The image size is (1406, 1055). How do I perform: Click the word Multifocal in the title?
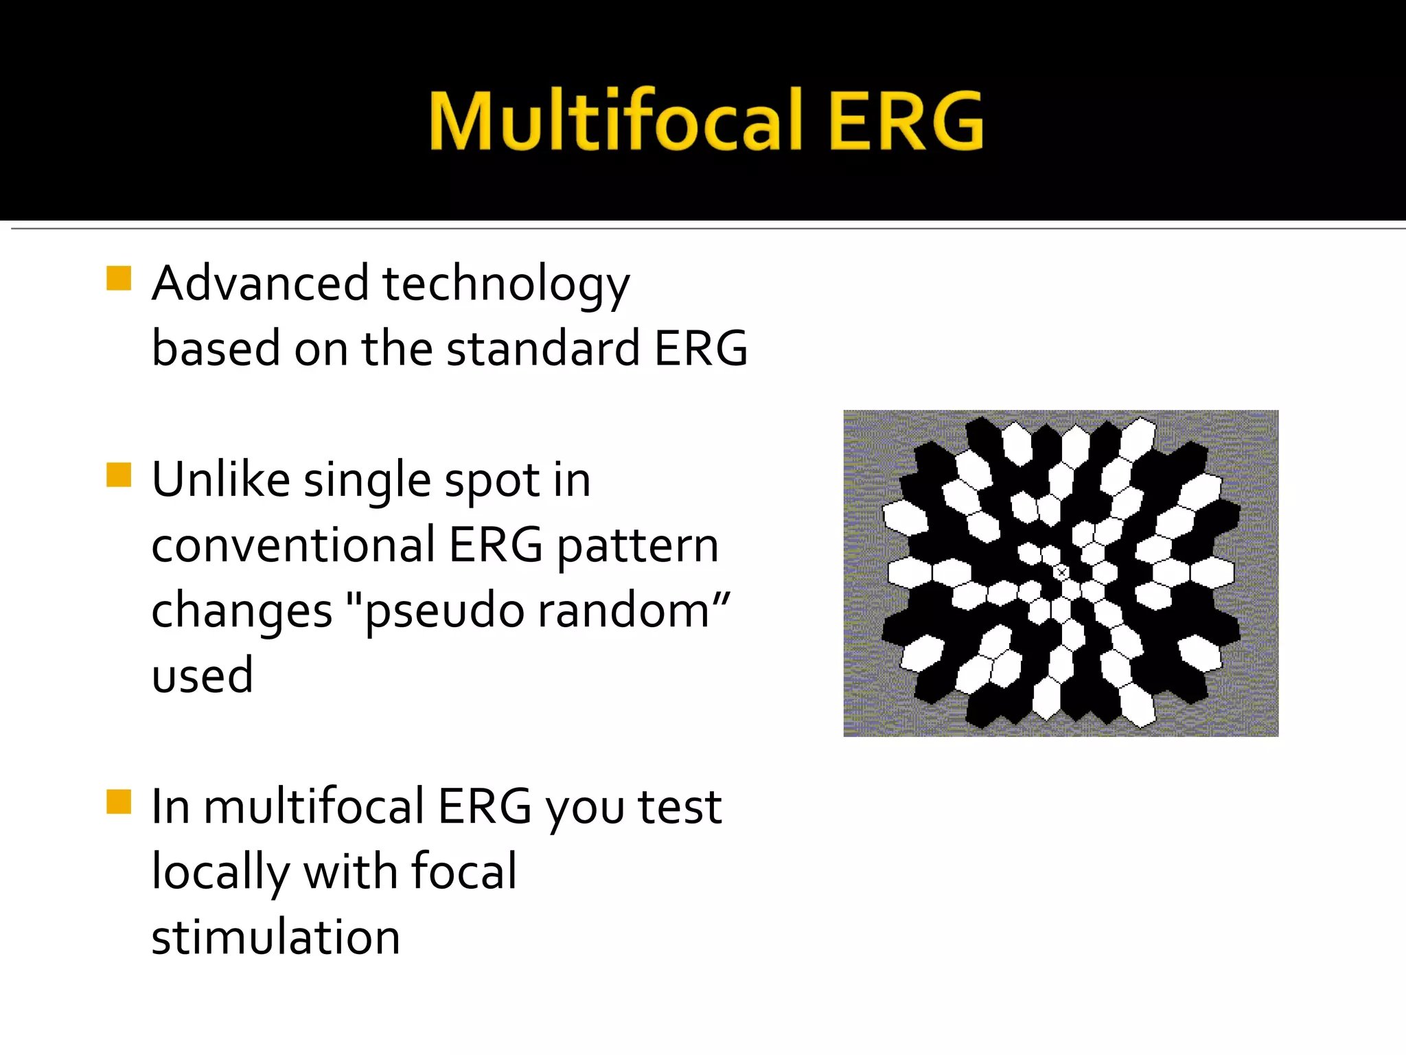click(x=615, y=121)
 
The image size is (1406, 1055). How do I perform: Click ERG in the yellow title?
click(x=906, y=121)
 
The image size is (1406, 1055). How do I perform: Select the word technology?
click(x=506, y=285)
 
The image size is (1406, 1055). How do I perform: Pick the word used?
click(x=203, y=675)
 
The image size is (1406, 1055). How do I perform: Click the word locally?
click(x=220, y=872)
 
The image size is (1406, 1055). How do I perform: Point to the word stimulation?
click(x=275, y=937)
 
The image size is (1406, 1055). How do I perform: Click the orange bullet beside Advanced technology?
click(x=119, y=279)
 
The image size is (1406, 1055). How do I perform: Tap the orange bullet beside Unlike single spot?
click(x=119, y=475)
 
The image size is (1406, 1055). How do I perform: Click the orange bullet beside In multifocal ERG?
click(x=119, y=802)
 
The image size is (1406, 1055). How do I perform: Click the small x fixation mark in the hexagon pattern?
click(x=1061, y=571)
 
